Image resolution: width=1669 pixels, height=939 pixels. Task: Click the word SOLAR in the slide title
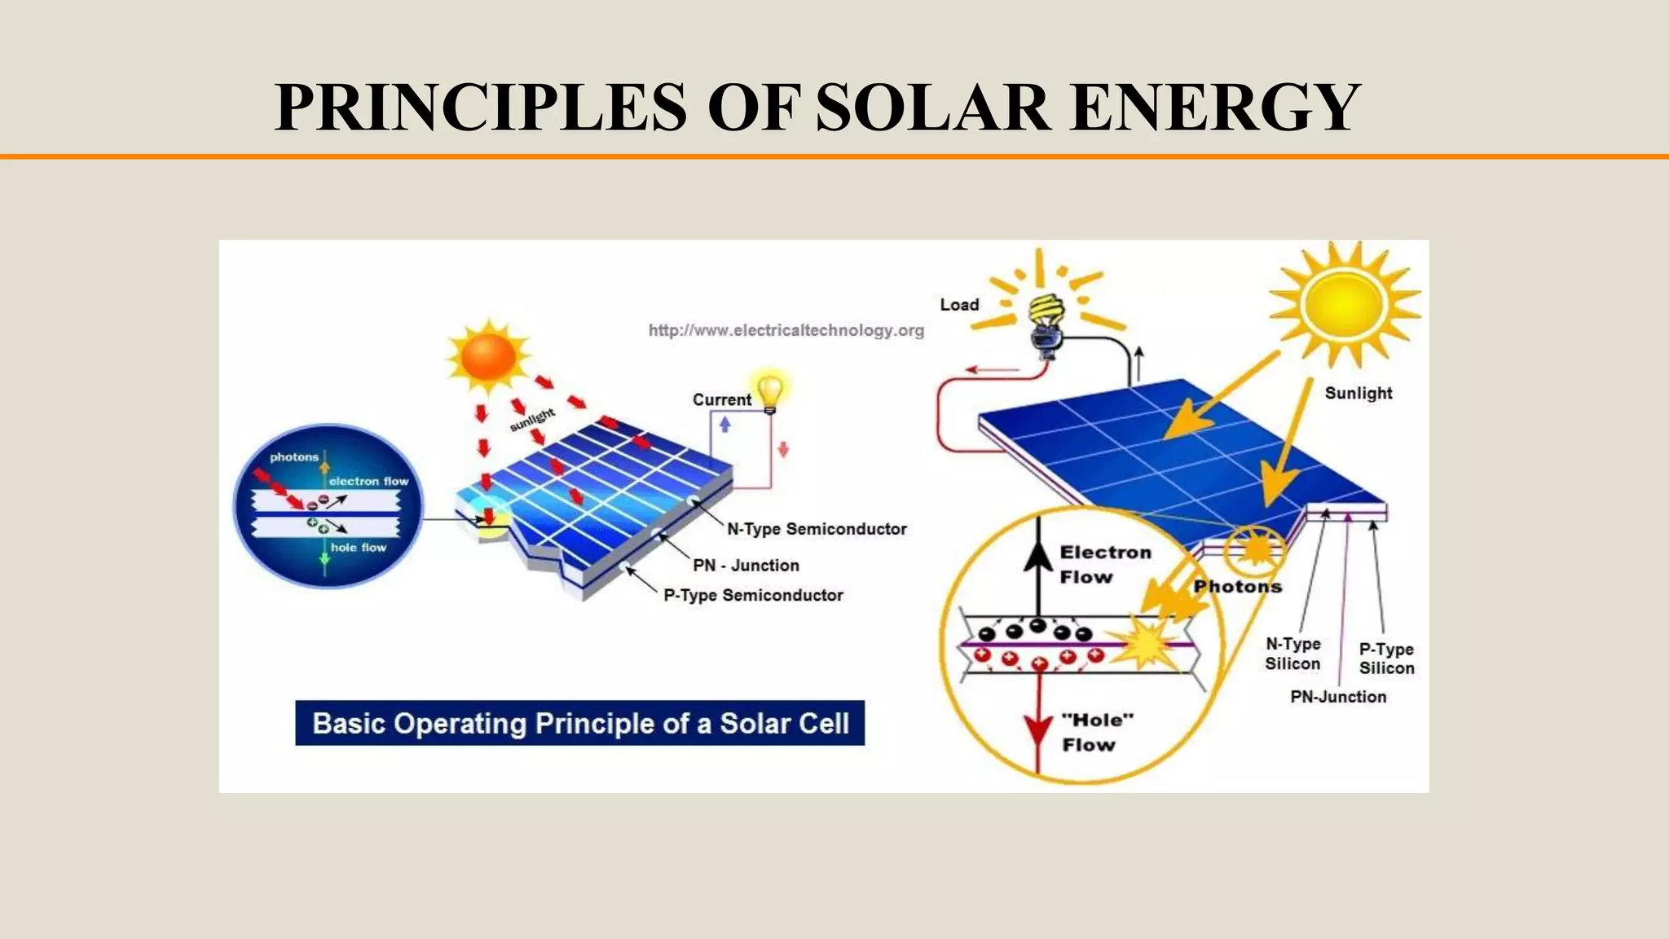click(x=932, y=107)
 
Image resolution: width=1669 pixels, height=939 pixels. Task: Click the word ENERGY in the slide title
click(x=1214, y=107)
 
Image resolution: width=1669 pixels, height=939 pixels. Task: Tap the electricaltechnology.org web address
click(x=786, y=330)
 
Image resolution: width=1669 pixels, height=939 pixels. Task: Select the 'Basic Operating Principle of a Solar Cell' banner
click(x=579, y=723)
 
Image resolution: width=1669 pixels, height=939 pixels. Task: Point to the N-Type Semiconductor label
click(x=817, y=529)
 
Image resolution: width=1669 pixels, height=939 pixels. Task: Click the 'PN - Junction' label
click(x=746, y=565)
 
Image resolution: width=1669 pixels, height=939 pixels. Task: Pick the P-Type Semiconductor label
click(x=753, y=595)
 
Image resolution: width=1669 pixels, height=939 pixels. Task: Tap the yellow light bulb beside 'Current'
click(x=770, y=392)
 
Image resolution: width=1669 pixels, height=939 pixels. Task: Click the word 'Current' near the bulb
click(x=721, y=399)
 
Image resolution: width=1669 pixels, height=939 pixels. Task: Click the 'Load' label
click(x=959, y=305)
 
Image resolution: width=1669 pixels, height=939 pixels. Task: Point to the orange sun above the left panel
click(x=488, y=356)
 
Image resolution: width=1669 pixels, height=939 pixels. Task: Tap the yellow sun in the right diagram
click(x=1344, y=303)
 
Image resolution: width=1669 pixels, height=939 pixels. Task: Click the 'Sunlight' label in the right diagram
click(x=1359, y=393)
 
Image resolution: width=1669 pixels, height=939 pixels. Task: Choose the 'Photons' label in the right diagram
click(x=1237, y=586)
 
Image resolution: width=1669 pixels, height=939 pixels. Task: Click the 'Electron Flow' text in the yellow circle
click(x=1105, y=564)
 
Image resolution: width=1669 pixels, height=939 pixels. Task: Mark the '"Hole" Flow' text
click(x=1097, y=732)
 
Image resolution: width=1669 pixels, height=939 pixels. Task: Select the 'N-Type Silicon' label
click(x=1292, y=654)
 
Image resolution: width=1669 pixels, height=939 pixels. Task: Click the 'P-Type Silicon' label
click(x=1386, y=659)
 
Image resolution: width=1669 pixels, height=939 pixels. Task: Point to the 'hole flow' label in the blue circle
click(x=358, y=548)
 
